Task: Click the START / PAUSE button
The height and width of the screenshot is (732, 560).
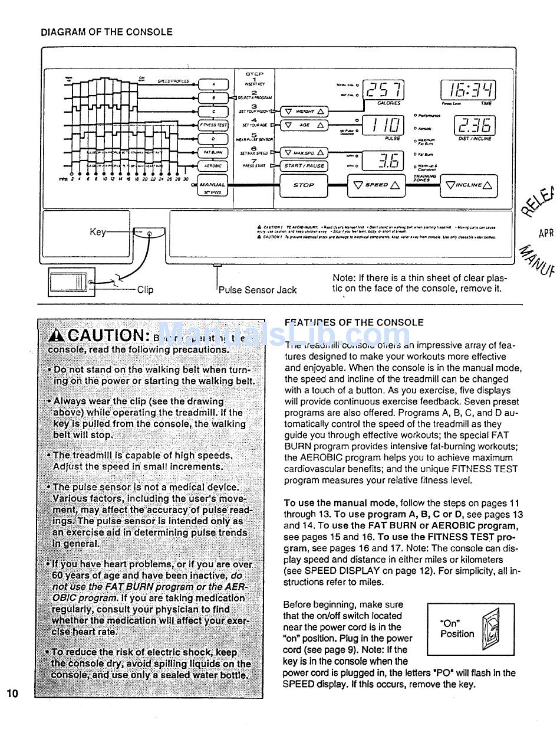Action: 304,166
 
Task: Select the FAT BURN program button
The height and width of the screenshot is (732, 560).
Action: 213,152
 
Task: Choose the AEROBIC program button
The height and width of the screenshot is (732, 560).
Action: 213,166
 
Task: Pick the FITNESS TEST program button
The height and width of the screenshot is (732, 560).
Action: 213,125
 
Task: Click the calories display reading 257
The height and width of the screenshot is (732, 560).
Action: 384,90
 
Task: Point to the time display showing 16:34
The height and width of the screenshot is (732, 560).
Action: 469,90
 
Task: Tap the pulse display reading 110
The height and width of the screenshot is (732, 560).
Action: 384,125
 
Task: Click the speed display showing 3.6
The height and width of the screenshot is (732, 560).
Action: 384,160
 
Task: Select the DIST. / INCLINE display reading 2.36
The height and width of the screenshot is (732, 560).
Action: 475,125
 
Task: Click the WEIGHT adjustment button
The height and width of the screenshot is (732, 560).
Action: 304,111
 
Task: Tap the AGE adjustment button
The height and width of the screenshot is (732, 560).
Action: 304,125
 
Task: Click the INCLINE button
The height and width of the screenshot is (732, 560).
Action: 469,185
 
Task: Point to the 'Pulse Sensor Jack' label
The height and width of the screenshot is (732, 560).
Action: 258,290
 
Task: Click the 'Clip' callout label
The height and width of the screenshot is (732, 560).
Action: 145,289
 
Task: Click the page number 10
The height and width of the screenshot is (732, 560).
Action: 13,693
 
